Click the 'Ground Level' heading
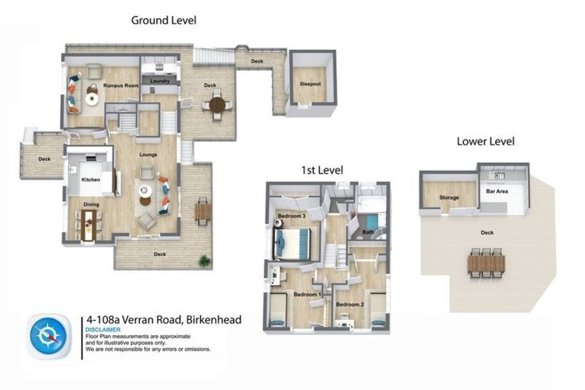coord(163,21)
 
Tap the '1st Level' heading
coord(321,169)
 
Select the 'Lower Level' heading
coord(485,141)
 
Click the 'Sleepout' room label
coord(311,83)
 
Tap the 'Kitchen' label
coord(91,180)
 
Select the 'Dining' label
coord(91,204)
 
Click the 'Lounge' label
coord(148,155)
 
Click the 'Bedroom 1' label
coord(307,293)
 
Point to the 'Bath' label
coord(368,232)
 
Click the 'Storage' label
coord(449,198)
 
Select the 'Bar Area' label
coord(497,192)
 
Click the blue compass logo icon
coord(49,336)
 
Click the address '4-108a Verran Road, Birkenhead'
coord(163,320)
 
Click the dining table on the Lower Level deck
coord(486,263)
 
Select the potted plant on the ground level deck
coord(203,261)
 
